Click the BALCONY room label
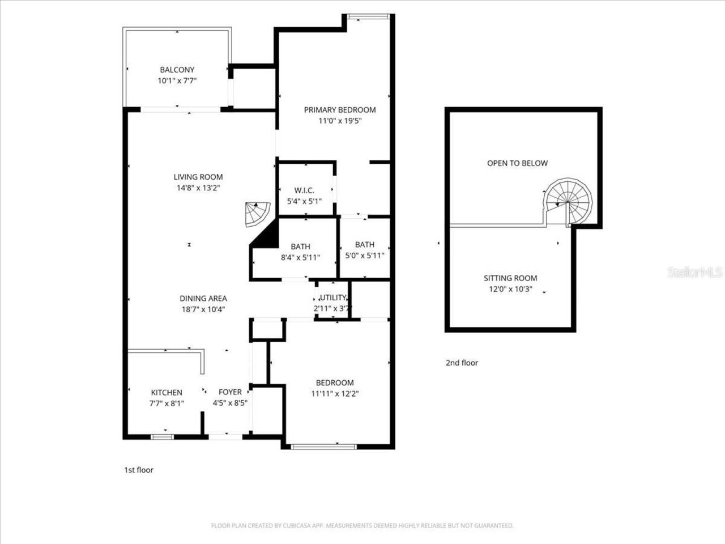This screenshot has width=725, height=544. click(x=177, y=70)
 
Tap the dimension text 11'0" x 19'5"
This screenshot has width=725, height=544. click(x=339, y=121)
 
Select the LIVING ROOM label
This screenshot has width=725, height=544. click(x=198, y=177)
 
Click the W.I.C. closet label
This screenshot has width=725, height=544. click(x=304, y=190)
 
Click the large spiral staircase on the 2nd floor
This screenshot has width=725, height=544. click(x=568, y=201)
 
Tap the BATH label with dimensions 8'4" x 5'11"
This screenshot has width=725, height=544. click(x=300, y=246)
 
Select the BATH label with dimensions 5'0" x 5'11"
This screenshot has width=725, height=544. click(x=365, y=245)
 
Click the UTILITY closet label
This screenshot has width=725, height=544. click(x=333, y=297)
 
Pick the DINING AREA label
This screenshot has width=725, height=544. click(x=203, y=299)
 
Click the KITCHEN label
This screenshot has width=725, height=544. click(x=167, y=393)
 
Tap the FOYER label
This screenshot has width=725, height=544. click(x=230, y=392)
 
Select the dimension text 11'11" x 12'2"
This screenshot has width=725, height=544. click(x=335, y=393)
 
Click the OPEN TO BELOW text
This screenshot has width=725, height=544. click(x=517, y=163)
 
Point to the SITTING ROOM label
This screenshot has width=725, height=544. click(x=510, y=278)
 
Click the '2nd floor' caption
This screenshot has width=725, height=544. click(x=462, y=363)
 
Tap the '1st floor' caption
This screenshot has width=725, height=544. click(x=139, y=470)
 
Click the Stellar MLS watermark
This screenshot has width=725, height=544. click(x=694, y=273)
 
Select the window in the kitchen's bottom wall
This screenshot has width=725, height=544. click(x=163, y=437)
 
